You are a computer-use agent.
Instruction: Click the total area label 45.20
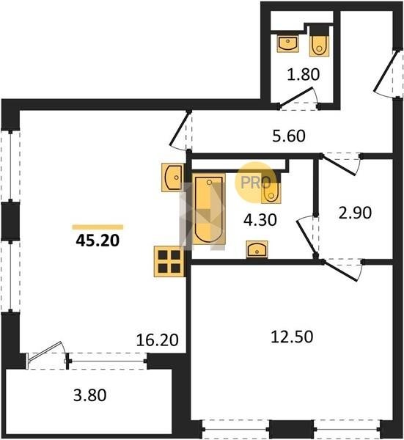coord(98,241)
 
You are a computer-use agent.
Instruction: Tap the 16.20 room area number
coord(157,340)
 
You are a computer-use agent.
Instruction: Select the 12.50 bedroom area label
coord(292,337)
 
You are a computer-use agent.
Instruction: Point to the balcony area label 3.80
coord(89,395)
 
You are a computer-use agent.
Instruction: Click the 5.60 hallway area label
coord(289,136)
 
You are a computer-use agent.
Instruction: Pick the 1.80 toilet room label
coord(304,75)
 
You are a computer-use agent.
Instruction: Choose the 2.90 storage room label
coord(355,213)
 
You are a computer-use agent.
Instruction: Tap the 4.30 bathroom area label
coord(260,220)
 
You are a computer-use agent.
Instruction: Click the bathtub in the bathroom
coord(209,209)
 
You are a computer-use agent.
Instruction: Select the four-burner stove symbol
coord(169,262)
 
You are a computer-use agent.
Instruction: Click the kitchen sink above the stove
coord(173,177)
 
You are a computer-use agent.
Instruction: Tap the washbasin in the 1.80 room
coord(288,43)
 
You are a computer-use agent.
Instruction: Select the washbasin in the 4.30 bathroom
coord(257,249)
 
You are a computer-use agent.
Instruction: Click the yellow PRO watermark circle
coord(256,183)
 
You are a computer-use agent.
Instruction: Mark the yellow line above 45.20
coord(98,227)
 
